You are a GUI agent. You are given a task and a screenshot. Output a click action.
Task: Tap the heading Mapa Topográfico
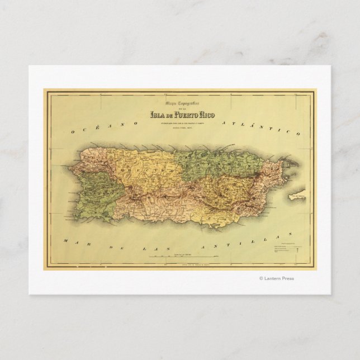point(179,105)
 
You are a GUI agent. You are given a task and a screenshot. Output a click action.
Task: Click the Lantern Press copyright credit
point(276,278)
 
